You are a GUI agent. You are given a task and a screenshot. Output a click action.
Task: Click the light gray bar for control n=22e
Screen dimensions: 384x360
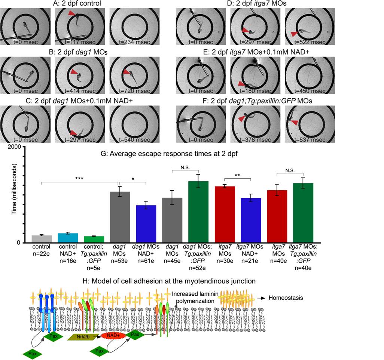42,239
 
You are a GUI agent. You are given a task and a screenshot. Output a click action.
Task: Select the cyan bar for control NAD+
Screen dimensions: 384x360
68,238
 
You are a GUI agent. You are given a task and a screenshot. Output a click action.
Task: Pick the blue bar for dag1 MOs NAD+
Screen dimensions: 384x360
146,224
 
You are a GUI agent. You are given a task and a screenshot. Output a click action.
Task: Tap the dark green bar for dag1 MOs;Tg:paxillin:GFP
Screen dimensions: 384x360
198,212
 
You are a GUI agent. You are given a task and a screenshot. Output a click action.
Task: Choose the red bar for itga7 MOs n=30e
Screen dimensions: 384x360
225,215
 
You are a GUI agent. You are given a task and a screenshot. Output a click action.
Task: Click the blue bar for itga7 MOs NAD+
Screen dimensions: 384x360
251,220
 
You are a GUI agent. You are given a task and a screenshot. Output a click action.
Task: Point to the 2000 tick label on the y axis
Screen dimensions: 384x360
14,147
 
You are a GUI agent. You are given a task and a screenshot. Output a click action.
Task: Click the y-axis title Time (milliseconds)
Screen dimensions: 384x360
14,189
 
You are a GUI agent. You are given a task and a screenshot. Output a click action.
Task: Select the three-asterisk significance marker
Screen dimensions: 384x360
79,179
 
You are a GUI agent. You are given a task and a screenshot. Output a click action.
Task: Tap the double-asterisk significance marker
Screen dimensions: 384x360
237,175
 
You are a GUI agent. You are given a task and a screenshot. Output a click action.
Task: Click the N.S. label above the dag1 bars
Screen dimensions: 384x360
185,167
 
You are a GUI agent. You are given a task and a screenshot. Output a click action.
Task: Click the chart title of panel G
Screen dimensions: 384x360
169,154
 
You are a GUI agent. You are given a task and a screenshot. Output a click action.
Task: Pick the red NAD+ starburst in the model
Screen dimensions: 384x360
113,335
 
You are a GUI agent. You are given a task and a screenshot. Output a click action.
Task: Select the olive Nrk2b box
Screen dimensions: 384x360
83,337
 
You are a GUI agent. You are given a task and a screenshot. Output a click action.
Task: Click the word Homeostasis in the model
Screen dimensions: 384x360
286,298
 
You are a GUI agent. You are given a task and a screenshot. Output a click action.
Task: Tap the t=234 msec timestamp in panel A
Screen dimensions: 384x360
134,42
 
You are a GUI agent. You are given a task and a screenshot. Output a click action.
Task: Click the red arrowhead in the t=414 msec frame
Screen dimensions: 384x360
74,72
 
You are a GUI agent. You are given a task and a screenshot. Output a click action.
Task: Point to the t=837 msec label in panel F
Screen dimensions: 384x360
310,140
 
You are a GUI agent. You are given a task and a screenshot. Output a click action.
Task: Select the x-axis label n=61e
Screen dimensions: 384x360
146,261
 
